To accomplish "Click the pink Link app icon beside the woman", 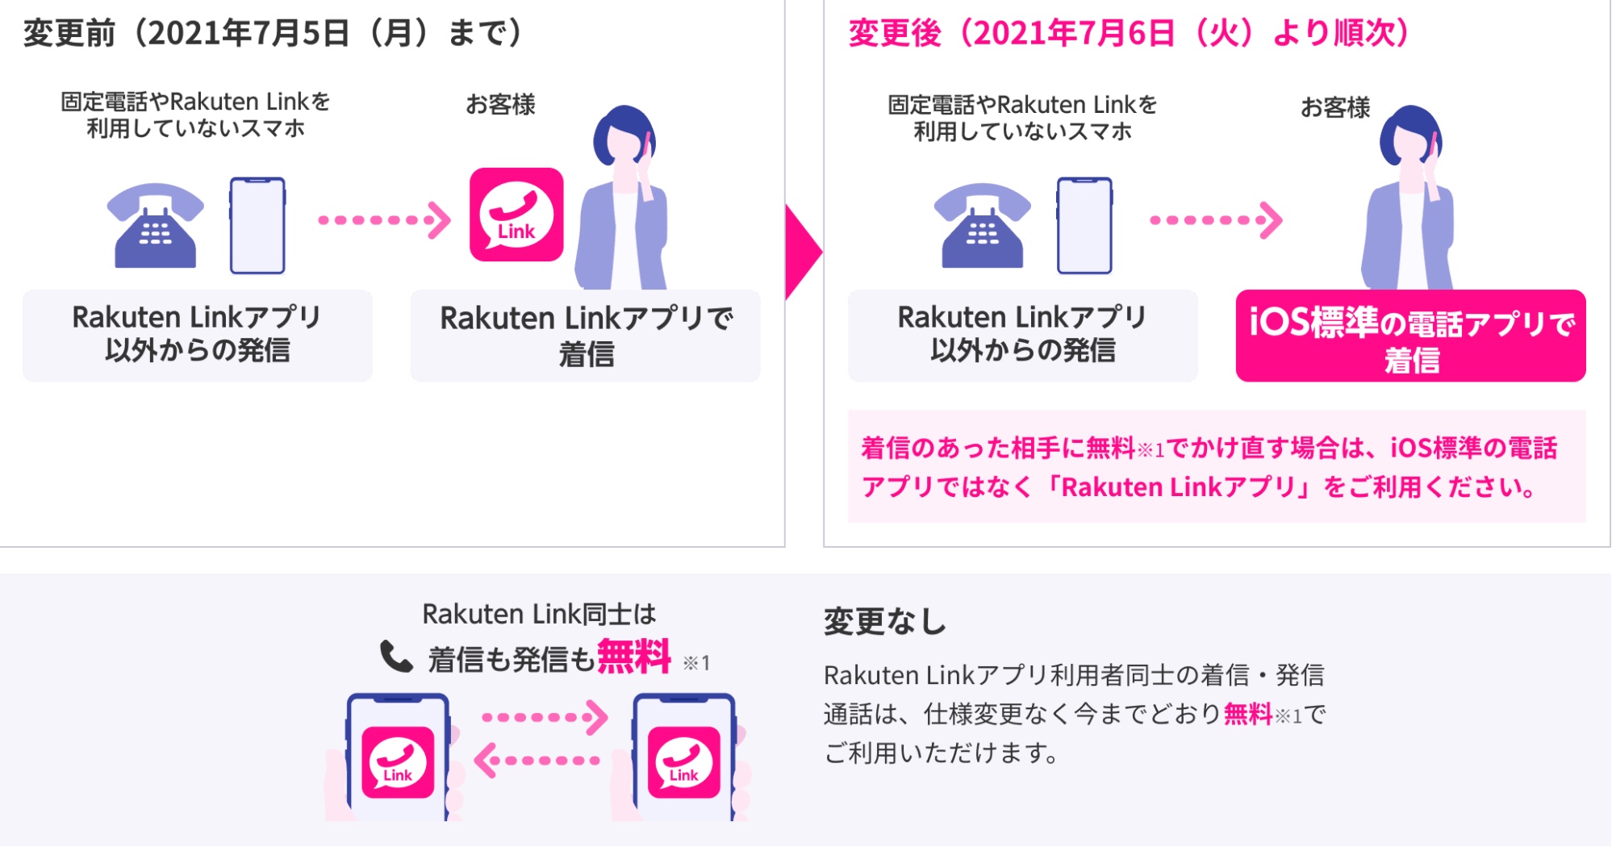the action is click(516, 215).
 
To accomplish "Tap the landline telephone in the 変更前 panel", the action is click(156, 226).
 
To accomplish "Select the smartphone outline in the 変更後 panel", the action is click(1084, 226).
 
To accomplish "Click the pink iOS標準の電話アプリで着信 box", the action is click(1410, 336).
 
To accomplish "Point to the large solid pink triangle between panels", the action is click(801, 252).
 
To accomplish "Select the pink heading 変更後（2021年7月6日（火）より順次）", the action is click(1129, 33).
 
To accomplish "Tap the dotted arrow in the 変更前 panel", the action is click(384, 220).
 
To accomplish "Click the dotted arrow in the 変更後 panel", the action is click(1216, 220).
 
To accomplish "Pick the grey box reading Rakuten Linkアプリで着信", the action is click(585, 336).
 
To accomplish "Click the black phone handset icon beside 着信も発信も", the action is click(396, 657).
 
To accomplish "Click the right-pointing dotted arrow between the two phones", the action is click(545, 717).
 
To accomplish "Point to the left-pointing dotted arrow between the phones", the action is click(537, 760).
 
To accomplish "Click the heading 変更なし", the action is click(885, 622).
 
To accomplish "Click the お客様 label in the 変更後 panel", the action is click(1335, 107).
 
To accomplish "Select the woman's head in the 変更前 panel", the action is click(624, 137).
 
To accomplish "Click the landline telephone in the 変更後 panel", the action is click(983, 226).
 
